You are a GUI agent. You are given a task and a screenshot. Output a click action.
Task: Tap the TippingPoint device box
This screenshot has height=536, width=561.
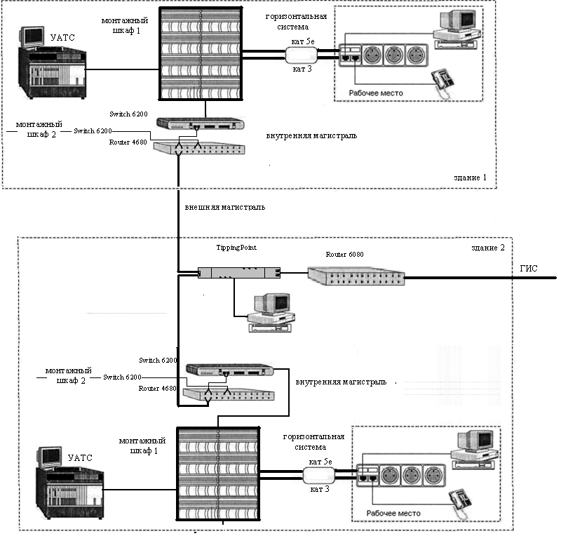point(239,272)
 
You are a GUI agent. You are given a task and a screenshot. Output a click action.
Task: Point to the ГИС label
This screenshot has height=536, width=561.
point(528,267)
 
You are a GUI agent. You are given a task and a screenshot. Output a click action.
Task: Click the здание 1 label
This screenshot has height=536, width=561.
point(471,177)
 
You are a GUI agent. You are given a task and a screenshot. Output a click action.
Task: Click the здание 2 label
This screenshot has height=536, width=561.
point(486,247)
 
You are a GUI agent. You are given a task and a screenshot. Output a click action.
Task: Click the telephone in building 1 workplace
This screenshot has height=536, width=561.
point(442,80)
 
